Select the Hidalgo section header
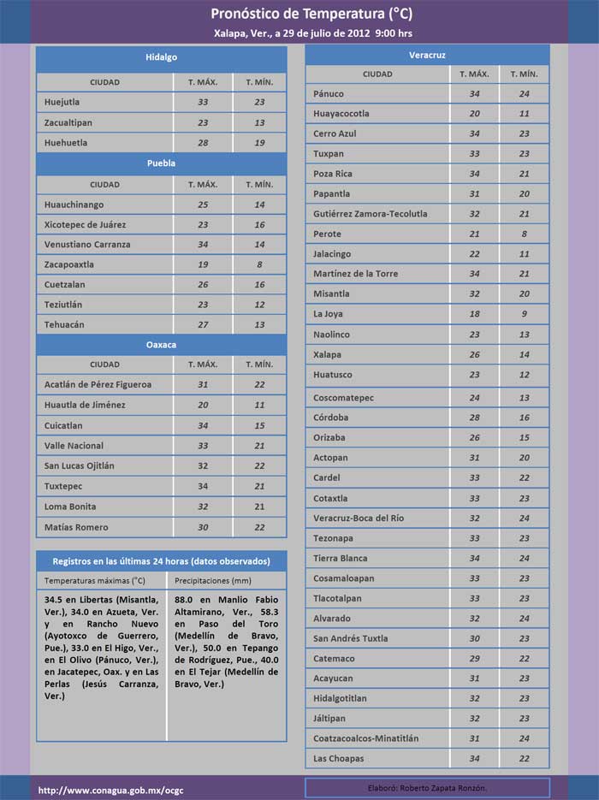coord(161,57)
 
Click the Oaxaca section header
coord(161,344)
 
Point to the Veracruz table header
coord(427,55)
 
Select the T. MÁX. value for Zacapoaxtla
coord(203,264)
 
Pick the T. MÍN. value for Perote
coord(525,234)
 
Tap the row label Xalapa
coord(327,354)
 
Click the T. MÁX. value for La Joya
coord(475,314)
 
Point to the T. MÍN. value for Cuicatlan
coord(260,425)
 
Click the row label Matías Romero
coord(76,527)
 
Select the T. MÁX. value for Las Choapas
coord(475,759)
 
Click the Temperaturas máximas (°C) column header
coord(95,580)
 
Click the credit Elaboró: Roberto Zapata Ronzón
coord(426,787)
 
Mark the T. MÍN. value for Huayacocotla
coord(525,114)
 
